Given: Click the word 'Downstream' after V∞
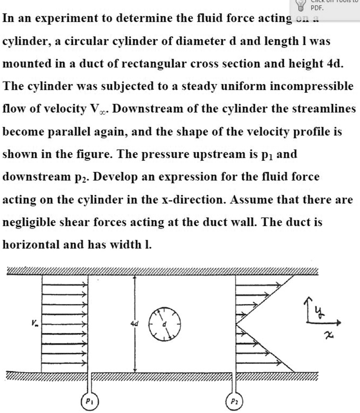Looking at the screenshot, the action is click(143, 109).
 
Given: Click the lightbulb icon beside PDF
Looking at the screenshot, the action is click(300, 5).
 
